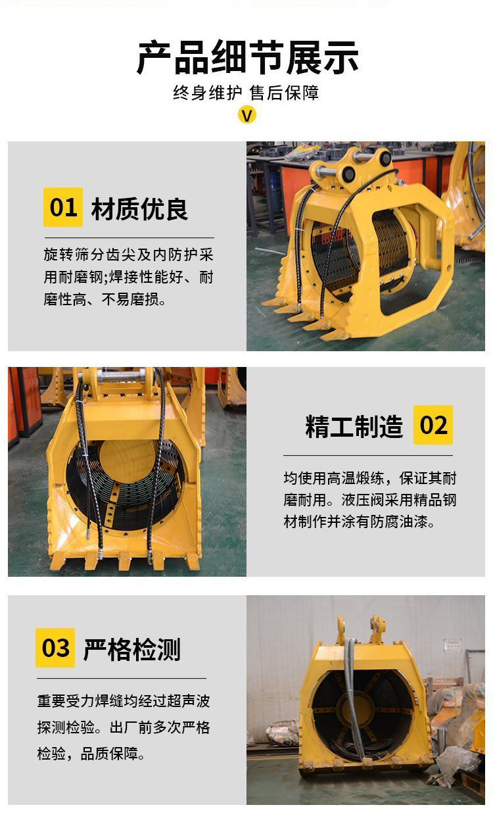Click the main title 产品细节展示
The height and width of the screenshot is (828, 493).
[x=247, y=58]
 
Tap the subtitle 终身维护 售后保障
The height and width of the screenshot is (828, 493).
[x=246, y=93]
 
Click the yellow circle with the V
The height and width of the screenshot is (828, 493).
[x=247, y=115]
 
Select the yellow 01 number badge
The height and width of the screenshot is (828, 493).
[x=63, y=207]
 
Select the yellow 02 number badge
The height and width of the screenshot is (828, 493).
[x=433, y=425]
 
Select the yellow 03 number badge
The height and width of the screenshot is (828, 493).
[x=55, y=648]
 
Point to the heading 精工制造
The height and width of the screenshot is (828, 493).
[x=354, y=426]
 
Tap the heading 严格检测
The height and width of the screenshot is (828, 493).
[x=132, y=650]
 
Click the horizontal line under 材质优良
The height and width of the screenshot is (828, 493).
[x=129, y=237]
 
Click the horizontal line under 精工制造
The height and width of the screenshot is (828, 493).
[x=368, y=455]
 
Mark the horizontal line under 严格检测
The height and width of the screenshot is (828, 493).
[x=122, y=678]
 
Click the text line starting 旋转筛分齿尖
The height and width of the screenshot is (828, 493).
[x=129, y=255]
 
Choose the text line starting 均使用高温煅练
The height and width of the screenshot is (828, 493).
[x=370, y=478]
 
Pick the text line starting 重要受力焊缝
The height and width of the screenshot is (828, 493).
[x=124, y=701]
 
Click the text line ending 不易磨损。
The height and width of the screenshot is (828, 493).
[x=105, y=299]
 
